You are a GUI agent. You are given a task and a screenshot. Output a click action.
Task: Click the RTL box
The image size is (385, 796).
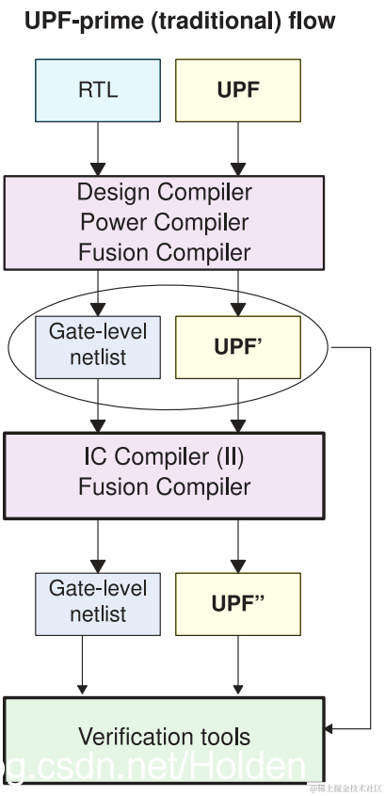[x=98, y=91]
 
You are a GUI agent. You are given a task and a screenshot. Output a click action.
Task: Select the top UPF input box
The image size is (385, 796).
[x=238, y=91]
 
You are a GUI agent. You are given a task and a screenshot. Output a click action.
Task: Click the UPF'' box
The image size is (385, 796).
[x=238, y=602]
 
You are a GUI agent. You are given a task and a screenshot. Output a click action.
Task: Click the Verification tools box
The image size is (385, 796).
[x=164, y=737]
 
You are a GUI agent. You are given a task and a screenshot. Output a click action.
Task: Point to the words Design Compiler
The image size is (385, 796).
[x=165, y=193]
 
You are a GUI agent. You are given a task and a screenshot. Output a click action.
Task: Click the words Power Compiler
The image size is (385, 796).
[x=165, y=223]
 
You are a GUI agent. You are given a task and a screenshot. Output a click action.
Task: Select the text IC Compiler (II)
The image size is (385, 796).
[x=165, y=457]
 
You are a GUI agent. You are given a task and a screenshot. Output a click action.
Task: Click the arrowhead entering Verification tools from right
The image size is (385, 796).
[x=331, y=728]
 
